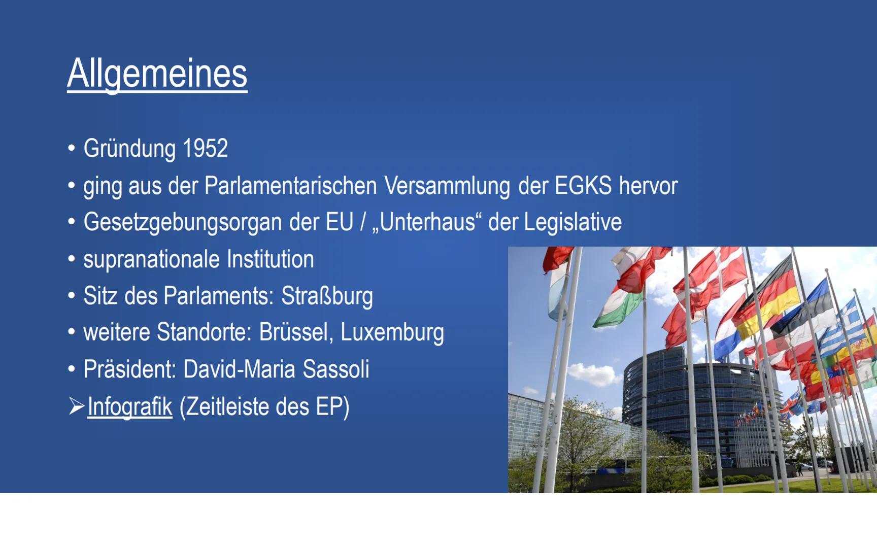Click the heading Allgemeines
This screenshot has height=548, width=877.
(157, 74)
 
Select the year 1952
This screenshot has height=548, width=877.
(205, 148)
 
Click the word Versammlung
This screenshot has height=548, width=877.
(447, 186)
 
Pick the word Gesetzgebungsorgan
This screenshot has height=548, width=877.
(183, 223)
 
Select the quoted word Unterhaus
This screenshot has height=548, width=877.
(427, 222)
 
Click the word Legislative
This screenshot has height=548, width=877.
(572, 222)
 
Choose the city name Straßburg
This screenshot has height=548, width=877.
(327, 296)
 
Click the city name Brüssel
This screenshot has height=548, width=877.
(296, 332)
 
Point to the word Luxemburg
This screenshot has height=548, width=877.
(392, 333)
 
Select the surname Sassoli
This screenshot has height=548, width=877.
(335, 369)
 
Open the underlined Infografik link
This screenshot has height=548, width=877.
(130, 407)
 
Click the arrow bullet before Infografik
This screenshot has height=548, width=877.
(77, 406)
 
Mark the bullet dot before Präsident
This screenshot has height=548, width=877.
(72, 368)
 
